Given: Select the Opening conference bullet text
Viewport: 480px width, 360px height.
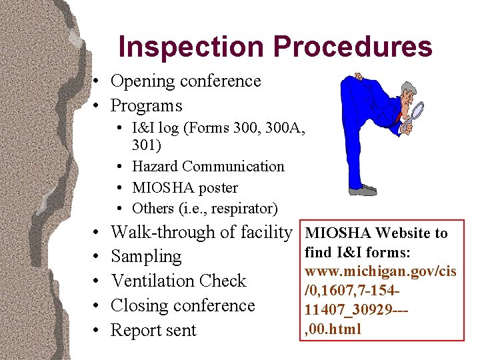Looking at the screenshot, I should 185,81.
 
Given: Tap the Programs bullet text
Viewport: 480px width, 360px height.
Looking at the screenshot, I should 146,106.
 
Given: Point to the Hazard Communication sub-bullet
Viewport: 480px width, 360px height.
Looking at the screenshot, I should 208,167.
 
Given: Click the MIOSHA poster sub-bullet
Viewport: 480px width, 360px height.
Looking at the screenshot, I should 185,188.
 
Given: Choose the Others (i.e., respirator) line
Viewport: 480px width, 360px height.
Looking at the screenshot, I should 205,209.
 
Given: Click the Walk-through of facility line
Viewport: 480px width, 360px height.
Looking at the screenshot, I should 201,233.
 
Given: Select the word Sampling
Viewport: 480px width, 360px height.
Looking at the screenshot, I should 146,257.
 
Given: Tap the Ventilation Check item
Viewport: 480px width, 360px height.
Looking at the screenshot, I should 178,281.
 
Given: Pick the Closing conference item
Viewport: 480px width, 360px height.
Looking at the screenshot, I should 183,306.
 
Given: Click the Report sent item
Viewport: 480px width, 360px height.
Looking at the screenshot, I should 153,331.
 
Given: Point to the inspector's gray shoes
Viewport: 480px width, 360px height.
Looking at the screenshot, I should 363,190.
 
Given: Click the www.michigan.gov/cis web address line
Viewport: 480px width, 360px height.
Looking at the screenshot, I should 381,272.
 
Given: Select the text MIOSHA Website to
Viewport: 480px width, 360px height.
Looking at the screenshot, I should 376,233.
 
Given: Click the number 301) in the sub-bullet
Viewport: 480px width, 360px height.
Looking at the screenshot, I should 146,145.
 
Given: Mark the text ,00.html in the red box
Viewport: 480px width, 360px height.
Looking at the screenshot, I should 333,329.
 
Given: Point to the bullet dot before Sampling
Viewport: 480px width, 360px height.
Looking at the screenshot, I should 97,257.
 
